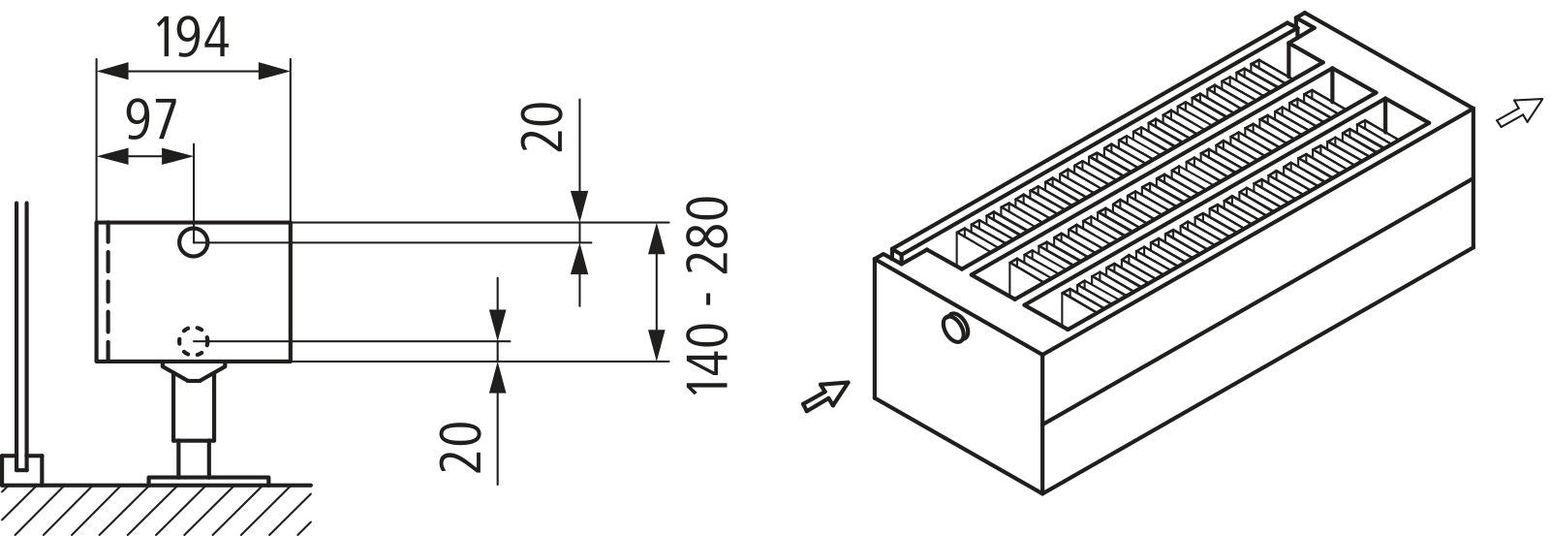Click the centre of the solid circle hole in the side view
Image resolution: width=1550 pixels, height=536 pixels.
pyautogui.click(x=194, y=242)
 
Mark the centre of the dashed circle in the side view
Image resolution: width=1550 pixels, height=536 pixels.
pyautogui.click(x=194, y=341)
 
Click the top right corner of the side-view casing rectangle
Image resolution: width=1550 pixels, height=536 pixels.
pyautogui.click(x=291, y=222)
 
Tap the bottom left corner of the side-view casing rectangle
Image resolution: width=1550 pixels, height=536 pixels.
pyautogui.click(x=96, y=362)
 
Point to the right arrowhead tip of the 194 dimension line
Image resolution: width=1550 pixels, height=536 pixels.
pyautogui.click(x=290, y=70)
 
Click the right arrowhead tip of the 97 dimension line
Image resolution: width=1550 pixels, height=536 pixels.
pyautogui.click(x=193, y=156)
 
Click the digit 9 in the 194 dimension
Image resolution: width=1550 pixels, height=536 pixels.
pyautogui.click(x=193, y=38)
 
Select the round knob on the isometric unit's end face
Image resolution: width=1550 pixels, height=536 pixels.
pyautogui.click(x=955, y=327)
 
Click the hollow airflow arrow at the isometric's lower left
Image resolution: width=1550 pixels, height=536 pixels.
pyautogui.click(x=824, y=396)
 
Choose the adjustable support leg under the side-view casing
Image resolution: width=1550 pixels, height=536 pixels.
pyautogui.click(x=193, y=420)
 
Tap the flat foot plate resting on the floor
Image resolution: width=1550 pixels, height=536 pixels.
pyautogui.click(x=208, y=480)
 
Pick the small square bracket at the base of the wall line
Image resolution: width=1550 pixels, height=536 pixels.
pyautogui.click(x=21, y=469)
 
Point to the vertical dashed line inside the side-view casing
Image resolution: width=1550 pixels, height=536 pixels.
pyautogui.click(x=108, y=292)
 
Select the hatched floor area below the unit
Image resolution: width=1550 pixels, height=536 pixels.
pyautogui.click(x=156, y=510)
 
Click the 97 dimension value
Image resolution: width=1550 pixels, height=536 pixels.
pyautogui.click(x=151, y=120)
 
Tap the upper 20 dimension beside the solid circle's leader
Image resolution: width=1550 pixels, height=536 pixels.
pyautogui.click(x=542, y=127)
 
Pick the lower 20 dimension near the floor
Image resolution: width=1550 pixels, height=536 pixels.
pyautogui.click(x=461, y=448)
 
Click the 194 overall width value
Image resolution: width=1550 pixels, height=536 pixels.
pyautogui.click(x=192, y=38)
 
